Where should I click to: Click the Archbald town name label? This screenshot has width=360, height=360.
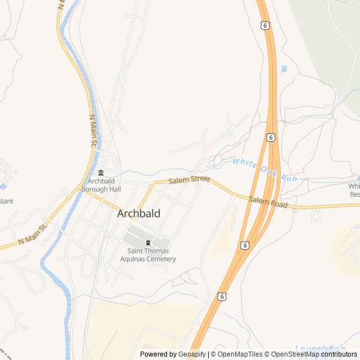138,214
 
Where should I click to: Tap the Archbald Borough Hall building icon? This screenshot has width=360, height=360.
101,173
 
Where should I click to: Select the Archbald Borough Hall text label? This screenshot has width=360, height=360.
101,185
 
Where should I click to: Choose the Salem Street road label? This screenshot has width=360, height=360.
189,179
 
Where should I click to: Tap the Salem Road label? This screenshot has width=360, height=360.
268,202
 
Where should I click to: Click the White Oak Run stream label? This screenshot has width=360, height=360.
264,169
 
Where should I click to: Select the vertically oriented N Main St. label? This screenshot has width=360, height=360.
93,132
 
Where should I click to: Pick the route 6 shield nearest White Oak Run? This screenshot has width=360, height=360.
271,137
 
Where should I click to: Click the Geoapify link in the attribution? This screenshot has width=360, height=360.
192,354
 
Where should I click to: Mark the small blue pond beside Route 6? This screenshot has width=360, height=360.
284,69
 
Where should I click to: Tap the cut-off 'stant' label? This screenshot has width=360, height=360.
6,201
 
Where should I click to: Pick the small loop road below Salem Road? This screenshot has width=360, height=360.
316,215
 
